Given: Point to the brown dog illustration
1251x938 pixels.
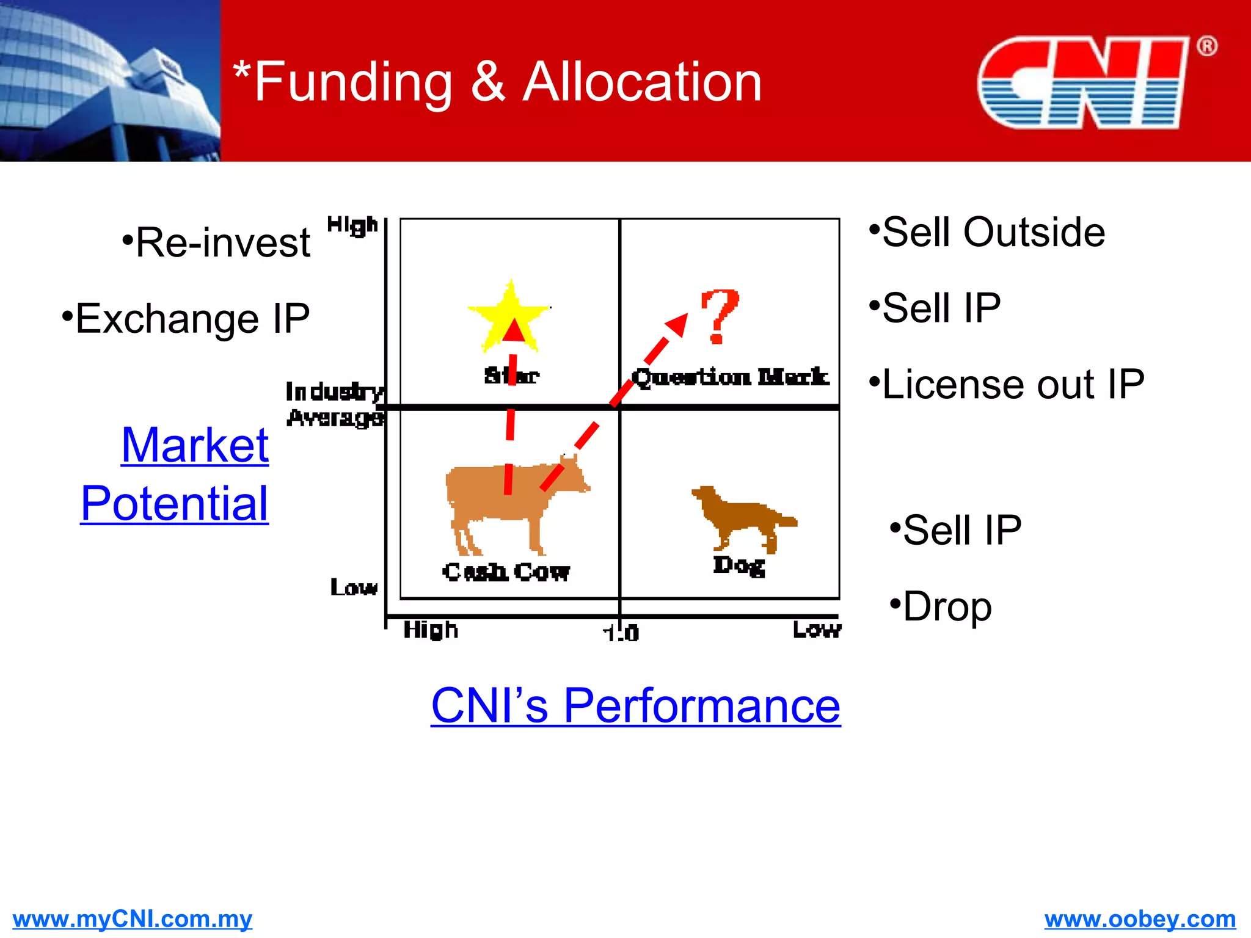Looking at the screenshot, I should click(742, 516).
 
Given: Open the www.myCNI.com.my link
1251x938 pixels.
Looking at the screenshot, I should click(132, 918).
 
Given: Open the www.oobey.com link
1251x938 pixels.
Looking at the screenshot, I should click(1140, 918).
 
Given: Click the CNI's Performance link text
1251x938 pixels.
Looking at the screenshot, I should click(635, 705).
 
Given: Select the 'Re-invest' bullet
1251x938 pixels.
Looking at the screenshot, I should click(217, 242).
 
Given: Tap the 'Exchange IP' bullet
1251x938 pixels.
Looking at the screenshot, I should click(186, 318).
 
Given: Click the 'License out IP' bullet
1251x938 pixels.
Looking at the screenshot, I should click(1007, 384).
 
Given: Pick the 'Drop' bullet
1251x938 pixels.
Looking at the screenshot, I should click(941, 606).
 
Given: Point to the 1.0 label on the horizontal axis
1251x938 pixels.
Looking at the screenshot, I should click(621, 633).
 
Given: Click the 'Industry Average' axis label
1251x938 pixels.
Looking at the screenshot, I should click(335, 404).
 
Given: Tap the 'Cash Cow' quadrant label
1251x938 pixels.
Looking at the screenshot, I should click(506, 572).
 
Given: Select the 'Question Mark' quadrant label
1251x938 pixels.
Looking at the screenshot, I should click(731, 377).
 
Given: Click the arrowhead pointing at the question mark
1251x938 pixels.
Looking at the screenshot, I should click(677, 324).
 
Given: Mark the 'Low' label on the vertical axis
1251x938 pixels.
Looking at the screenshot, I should click(354, 587).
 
